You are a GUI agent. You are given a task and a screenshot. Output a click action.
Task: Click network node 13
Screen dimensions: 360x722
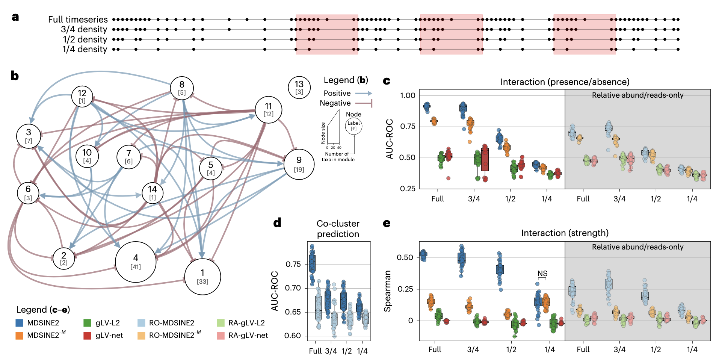299,87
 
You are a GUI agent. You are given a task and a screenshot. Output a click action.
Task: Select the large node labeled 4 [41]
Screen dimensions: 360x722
136,262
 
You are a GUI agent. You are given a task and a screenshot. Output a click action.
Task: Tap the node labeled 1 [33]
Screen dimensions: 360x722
202,277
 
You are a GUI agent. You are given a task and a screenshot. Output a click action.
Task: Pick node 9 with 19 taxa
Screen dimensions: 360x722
299,164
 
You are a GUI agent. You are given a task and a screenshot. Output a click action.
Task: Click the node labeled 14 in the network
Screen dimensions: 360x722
153,193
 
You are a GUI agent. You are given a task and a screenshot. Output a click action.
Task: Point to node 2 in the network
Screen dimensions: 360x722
64,259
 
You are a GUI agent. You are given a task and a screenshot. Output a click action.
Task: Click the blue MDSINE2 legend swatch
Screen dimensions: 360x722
20,323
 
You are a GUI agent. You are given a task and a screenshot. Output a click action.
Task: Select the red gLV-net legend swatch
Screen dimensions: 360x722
88,336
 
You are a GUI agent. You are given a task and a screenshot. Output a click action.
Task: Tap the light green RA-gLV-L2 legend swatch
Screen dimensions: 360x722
221,323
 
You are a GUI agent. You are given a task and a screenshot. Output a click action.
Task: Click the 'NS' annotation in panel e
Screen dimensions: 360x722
542,274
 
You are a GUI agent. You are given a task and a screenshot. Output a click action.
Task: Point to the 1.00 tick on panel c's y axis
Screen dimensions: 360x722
408,95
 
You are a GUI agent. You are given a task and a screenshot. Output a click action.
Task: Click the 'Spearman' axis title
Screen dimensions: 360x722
387,291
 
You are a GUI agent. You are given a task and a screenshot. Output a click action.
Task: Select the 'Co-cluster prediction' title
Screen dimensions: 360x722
338,229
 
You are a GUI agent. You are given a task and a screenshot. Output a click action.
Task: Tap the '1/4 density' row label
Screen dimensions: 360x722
85,49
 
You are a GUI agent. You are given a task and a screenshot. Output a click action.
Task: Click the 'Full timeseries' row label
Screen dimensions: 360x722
78,20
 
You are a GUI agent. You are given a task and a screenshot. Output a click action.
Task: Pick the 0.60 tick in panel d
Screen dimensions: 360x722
293,336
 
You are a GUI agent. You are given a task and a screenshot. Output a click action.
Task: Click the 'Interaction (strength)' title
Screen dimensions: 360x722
565,233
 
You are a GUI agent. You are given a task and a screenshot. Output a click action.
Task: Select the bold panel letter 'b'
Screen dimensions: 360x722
15,76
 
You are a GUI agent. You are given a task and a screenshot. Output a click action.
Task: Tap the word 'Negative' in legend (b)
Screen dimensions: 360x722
335,103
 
